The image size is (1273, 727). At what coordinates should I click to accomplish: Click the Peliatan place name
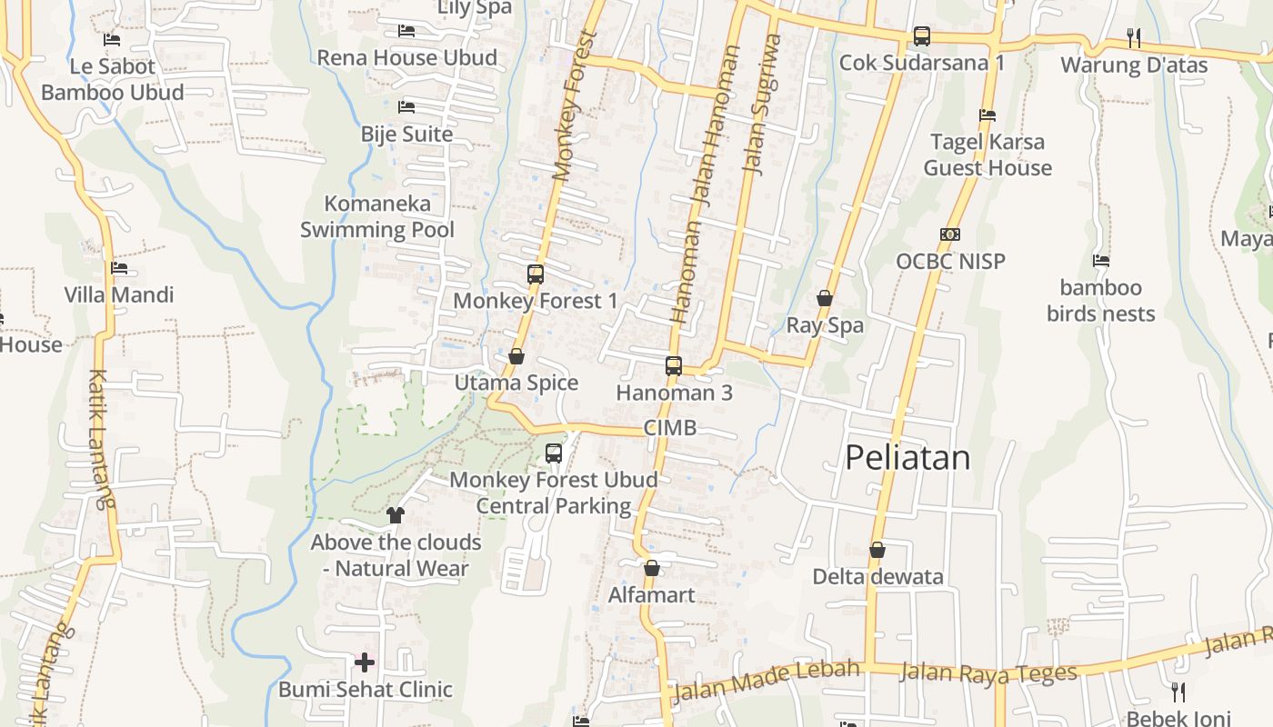907,457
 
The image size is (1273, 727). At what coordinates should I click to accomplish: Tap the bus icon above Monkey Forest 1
536,274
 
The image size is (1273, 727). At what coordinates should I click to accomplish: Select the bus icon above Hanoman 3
674,366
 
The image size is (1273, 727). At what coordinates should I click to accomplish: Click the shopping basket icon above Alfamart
652,569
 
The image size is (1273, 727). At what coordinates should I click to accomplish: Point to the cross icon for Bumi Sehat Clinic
365,662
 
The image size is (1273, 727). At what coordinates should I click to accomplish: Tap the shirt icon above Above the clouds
395,515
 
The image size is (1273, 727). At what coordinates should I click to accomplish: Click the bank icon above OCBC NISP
950,234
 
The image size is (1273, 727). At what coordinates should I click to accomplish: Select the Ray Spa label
825,325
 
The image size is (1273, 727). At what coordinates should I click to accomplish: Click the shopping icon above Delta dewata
877,550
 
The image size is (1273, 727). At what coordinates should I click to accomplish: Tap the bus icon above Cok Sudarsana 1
922,36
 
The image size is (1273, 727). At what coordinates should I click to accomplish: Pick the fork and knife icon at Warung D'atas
1134,37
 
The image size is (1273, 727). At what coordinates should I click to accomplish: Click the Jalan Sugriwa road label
762,104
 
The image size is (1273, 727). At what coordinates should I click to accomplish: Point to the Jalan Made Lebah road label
765,681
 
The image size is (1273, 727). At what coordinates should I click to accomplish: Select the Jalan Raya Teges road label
988,673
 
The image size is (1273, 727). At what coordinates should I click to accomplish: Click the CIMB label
670,427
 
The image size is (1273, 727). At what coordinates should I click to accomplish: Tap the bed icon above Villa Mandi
118,268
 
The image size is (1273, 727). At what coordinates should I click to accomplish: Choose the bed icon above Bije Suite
406,107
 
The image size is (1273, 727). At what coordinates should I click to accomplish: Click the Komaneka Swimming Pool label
377,216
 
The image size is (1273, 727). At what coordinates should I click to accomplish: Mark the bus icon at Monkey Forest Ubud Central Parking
554,453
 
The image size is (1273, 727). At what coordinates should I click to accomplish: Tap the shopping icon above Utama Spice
516,356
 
